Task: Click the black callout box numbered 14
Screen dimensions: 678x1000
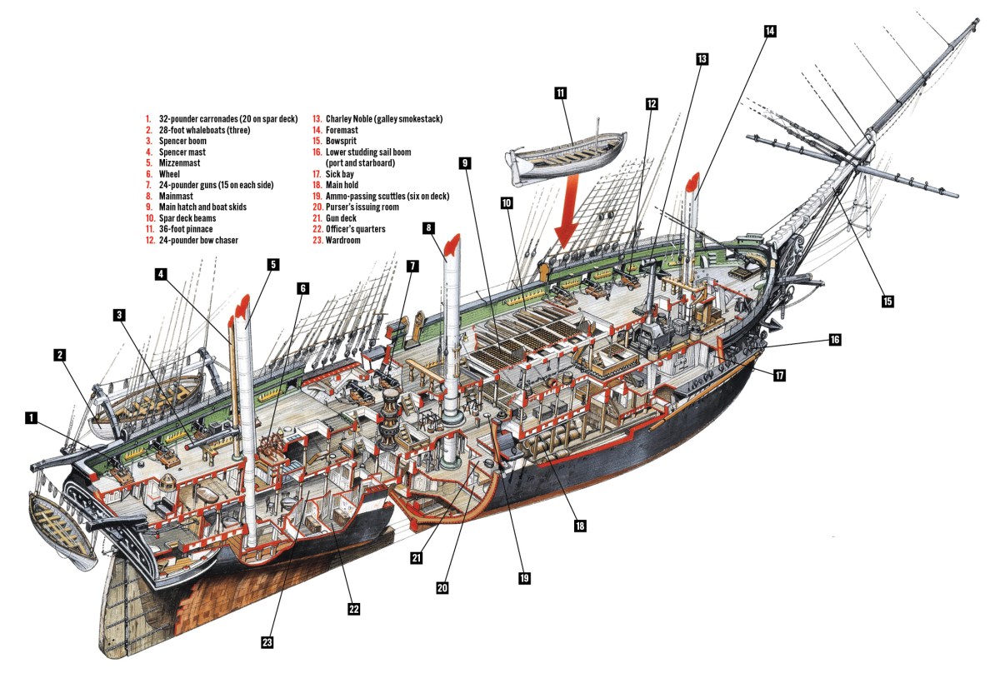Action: (769, 31)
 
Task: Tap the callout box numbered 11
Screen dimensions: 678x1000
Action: (560, 93)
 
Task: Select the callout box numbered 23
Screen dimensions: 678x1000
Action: (267, 641)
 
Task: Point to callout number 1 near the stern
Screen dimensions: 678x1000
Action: (31, 417)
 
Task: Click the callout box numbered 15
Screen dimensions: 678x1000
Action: (887, 301)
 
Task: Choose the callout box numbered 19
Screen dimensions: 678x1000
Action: (523, 577)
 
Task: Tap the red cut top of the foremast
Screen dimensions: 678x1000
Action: (691, 185)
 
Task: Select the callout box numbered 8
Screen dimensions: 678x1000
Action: (428, 227)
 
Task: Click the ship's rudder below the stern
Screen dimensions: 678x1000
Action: (125, 608)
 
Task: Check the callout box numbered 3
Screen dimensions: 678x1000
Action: (121, 315)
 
